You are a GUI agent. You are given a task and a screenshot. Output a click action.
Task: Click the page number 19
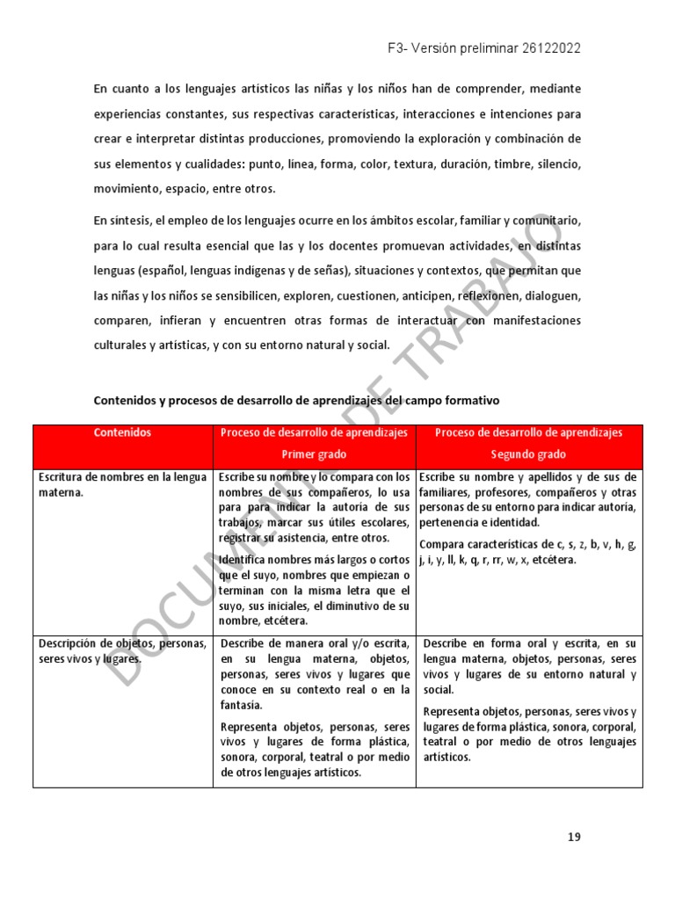574,837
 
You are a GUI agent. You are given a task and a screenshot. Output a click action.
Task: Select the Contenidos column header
122,433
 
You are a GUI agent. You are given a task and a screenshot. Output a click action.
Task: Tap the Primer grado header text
314,454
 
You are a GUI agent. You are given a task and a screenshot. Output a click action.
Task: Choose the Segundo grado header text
528,454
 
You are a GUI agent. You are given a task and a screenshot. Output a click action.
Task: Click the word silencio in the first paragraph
554,164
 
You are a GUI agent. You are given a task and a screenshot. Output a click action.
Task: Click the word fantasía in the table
241,705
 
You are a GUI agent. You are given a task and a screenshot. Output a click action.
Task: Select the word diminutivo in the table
353,606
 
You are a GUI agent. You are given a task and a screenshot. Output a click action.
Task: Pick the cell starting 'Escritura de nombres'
122,485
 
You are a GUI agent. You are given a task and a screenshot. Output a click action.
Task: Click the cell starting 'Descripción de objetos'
122,651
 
